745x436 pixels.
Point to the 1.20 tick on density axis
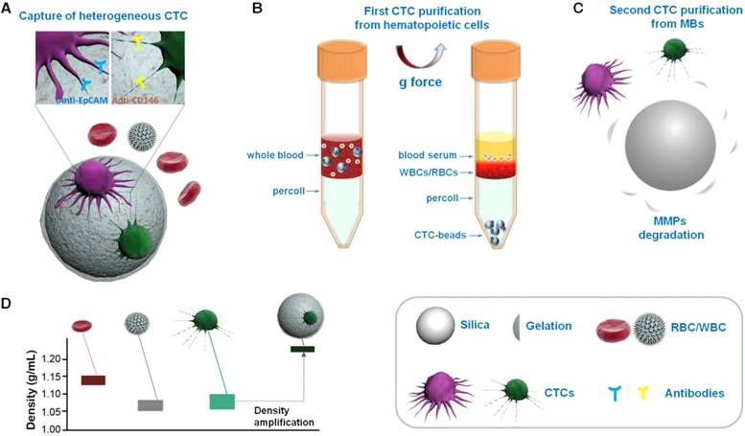(53, 358)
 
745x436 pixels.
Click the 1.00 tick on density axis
(53, 428)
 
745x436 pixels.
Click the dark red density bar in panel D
(93, 380)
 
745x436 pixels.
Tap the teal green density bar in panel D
(222, 402)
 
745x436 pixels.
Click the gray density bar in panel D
(150, 405)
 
